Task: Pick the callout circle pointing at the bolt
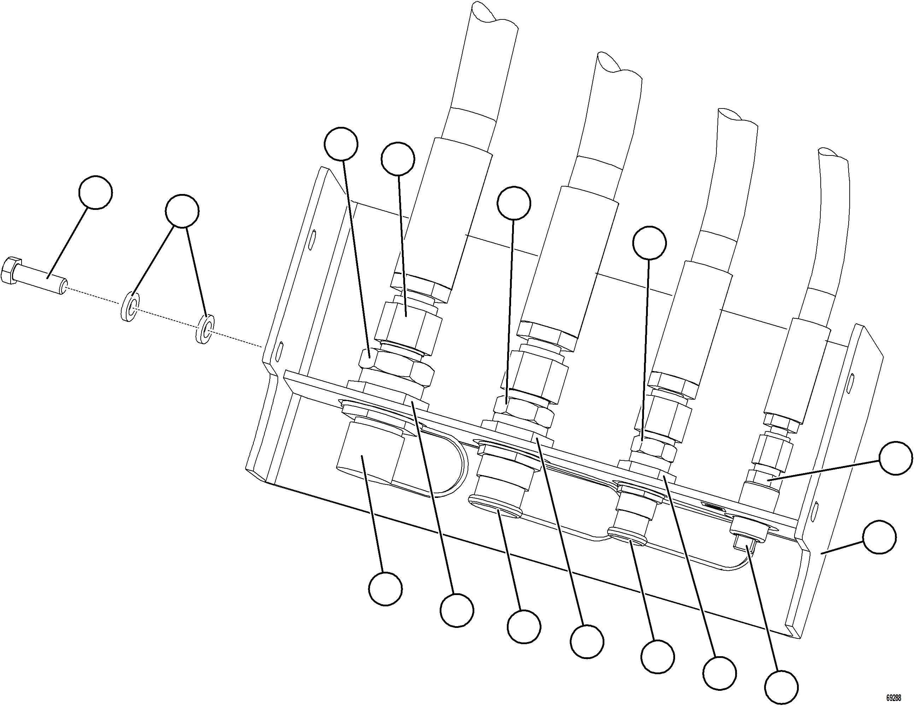pyautogui.click(x=95, y=192)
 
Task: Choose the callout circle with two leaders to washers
pyautogui.click(x=182, y=211)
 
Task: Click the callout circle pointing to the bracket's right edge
pyautogui.click(x=879, y=537)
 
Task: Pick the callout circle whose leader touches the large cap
pyautogui.click(x=386, y=589)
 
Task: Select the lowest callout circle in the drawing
pyautogui.click(x=781, y=687)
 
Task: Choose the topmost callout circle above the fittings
pyautogui.click(x=341, y=144)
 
